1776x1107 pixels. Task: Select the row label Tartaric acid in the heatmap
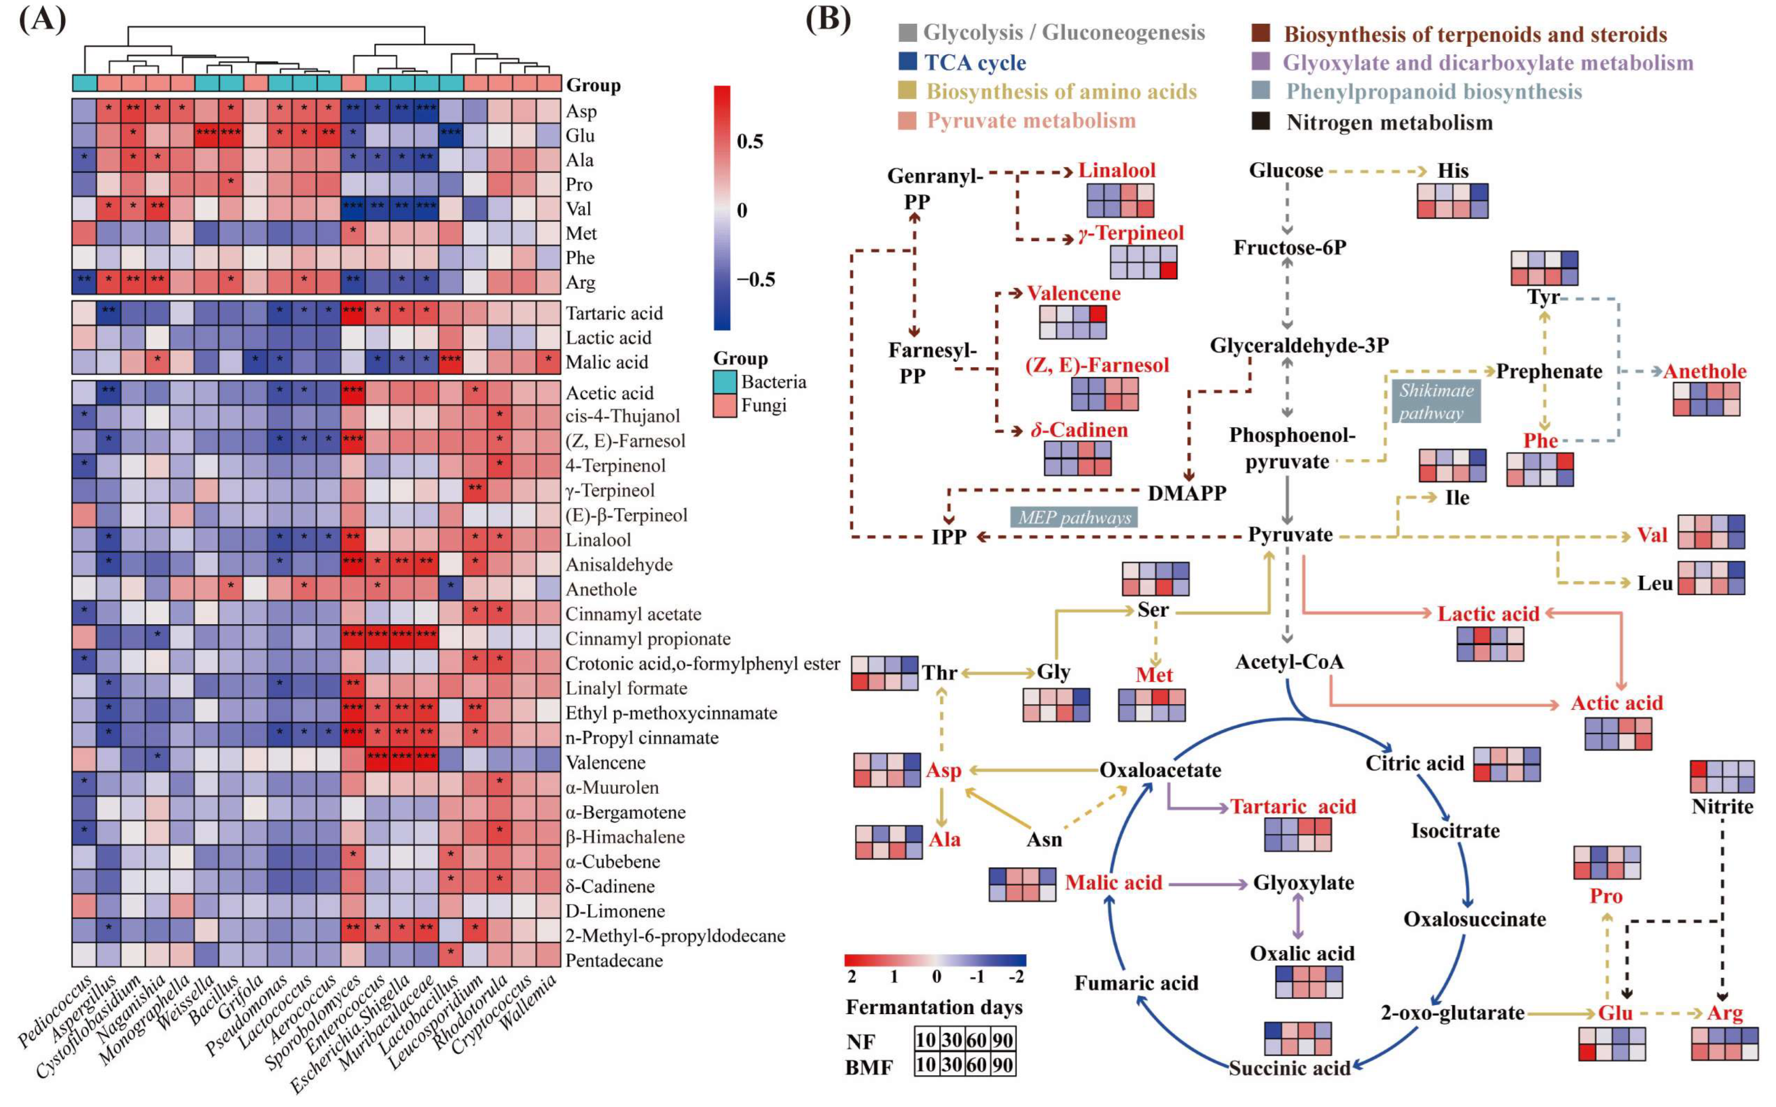pos(614,314)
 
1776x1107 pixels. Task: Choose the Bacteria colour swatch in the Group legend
pos(724,382)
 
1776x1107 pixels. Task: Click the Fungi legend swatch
pos(724,405)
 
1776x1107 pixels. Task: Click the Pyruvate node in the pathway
pos(1290,534)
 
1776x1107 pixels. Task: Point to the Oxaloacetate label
pos(1160,770)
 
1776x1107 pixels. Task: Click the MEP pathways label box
pos(1074,518)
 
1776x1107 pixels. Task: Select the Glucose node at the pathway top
pos(1285,171)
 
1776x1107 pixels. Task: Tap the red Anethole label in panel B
pos(1704,371)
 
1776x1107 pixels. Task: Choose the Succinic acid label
pos(1289,1068)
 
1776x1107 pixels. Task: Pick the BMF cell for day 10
pos(925,1064)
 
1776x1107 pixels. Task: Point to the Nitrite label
pos(1722,807)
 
